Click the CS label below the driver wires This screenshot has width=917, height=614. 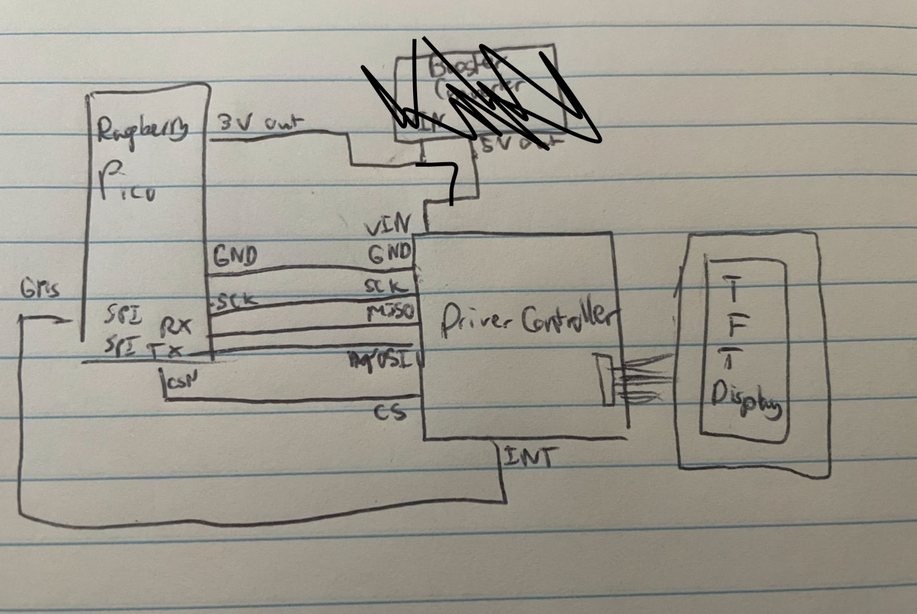[x=390, y=413]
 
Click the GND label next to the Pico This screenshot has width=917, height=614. [x=235, y=256]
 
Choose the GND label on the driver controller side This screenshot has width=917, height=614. [x=389, y=254]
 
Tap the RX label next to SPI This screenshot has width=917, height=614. [x=176, y=327]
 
